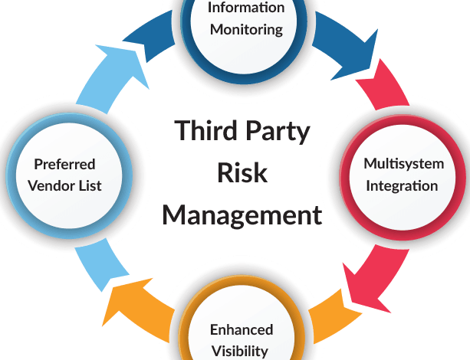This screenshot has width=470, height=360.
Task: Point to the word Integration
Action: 402,185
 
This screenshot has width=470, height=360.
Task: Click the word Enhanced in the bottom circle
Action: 241,329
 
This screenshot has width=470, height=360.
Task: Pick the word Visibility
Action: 240,351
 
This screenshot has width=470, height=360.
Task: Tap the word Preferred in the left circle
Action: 64,164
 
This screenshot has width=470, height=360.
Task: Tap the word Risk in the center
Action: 242,172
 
